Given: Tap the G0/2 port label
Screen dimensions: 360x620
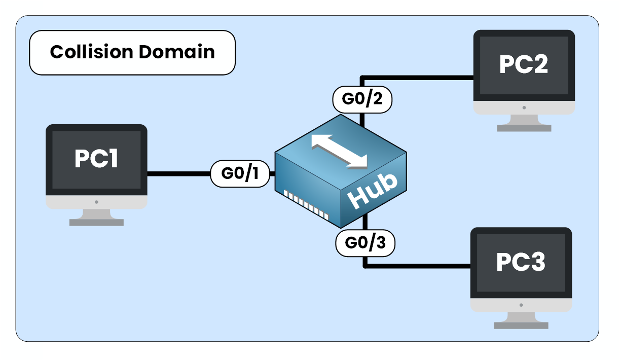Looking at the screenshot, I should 362,99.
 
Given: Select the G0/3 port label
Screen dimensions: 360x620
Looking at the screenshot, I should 365,243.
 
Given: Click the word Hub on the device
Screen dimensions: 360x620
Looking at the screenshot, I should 374,192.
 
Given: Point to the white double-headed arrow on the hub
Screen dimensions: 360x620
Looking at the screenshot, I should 339,151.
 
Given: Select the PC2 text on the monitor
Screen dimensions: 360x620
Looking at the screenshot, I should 524,64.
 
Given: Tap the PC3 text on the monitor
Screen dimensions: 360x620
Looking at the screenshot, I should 521,262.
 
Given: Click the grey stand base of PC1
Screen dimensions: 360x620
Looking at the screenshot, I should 96,222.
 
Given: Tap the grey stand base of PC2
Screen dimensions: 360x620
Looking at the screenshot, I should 524,128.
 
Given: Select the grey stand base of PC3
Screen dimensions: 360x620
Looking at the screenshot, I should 521,325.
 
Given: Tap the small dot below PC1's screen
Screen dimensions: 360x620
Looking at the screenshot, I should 96,202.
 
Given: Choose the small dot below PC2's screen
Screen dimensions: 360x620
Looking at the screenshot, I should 524,107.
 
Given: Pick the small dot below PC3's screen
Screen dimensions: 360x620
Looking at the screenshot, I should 521,305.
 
